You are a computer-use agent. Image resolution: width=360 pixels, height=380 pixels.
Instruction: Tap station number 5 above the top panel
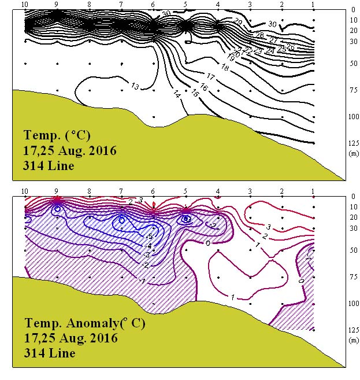pyautogui.click(x=185, y=5)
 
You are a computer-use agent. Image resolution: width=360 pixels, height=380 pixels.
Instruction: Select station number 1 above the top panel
pyautogui.click(x=313, y=5)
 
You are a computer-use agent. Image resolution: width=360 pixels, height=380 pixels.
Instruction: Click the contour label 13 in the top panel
pyautogui.click(x=135, y=87)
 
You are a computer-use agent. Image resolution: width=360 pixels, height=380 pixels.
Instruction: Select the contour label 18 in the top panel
pyautogui.click(x=225, y=68)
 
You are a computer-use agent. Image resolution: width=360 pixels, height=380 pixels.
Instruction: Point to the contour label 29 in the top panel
pyautogui.click(x=237, y=21)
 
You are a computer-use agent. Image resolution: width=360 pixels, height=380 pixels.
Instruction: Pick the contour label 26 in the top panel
pyautogui.click(x=290, y=46)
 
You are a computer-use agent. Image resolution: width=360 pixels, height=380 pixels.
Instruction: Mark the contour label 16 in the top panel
pyautogui.click(x=203, y=87)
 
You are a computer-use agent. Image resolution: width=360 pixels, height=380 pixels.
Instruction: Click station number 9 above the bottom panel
pyautogui.click(x=57, y=191)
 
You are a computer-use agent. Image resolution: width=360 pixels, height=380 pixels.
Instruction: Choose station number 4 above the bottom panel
pyautogui.click(x=217, y=191)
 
